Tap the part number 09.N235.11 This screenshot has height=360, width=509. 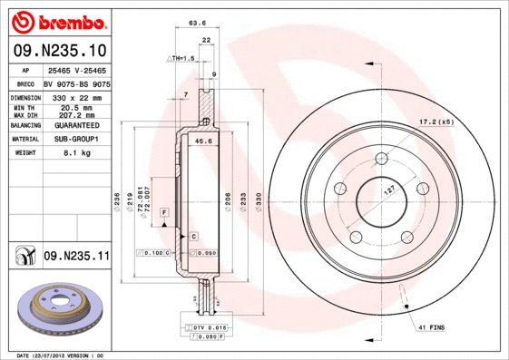76,257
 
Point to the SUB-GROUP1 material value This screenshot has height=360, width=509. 77,140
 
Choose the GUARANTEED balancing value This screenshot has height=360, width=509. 77,125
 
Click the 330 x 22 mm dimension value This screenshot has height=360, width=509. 77,96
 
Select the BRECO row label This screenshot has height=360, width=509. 26,83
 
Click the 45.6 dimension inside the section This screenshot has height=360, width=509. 203,141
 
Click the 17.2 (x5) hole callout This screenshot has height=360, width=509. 435,122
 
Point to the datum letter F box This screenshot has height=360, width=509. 165,211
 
